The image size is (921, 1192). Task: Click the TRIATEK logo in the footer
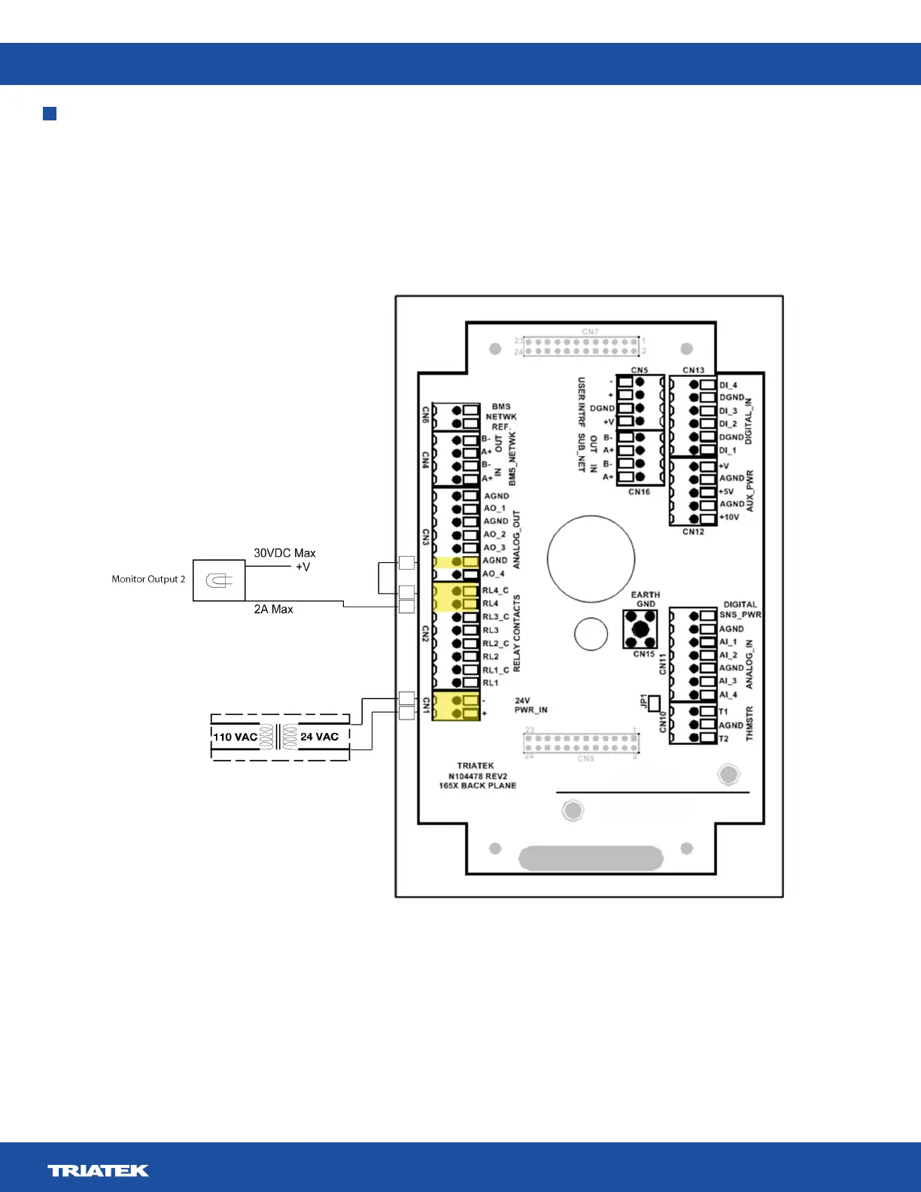pos(98,1170)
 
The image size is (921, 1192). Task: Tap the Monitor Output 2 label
pos(148,579)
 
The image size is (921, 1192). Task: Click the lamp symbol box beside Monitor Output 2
pos(219,580)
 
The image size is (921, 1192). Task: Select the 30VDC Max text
pos(284,553)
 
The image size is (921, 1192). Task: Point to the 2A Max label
pos(273,610)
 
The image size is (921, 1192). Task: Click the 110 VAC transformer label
pos(235,737)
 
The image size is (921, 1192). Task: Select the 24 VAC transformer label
pos(319,737)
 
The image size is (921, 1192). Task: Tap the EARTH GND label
pos(646,599)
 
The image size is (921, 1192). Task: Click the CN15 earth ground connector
pos(640,629)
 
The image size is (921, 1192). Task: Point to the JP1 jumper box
pos(654,703)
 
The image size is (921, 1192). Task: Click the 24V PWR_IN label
pos(530,705)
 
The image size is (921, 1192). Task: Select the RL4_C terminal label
pos(495,591)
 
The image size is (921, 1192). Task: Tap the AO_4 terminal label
pos(494,574)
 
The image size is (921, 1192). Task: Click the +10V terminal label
pos(729,518)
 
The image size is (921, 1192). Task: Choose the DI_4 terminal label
pos(728,385)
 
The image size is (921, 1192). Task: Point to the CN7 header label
pos(590,332)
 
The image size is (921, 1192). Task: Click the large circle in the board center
pos(591,558)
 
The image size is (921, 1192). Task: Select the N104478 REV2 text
pos(478,776)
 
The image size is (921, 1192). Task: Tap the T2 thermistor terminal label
pos(723,739)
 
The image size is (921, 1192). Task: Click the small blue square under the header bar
pos(50,114)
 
